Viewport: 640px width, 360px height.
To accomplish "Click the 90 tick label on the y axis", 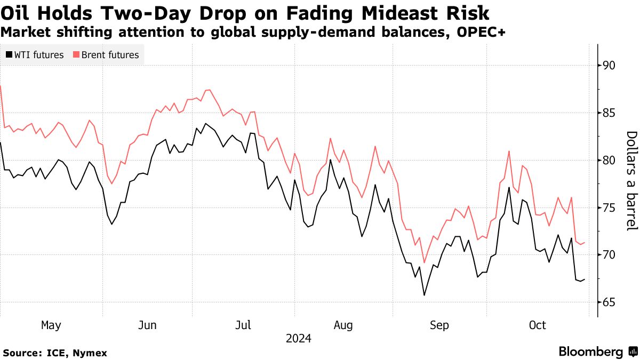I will tap(609, 66).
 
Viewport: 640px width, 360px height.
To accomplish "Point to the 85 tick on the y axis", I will tap(609, 113).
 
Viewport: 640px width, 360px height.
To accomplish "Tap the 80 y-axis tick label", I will tap(609, 161).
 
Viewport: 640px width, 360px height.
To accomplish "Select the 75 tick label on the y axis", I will tap(609, 208).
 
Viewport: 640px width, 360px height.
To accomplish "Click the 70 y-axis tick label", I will tap(609, 255).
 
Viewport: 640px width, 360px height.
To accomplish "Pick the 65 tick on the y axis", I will tap(609, 302).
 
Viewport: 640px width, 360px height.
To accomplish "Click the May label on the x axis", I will tap(51, 325).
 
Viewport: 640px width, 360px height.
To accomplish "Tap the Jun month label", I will tap(147, 325).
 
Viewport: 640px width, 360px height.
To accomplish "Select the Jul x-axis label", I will tap(244, 325).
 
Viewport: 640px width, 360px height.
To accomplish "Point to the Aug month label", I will tap(343, 325).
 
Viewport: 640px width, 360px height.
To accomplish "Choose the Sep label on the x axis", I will tap(439, 325).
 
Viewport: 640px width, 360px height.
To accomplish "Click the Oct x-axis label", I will tap(537, 325).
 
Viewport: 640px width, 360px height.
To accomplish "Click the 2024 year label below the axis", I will tap(298, 338).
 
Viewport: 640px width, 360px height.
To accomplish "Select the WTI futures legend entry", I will tap(35, 55).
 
